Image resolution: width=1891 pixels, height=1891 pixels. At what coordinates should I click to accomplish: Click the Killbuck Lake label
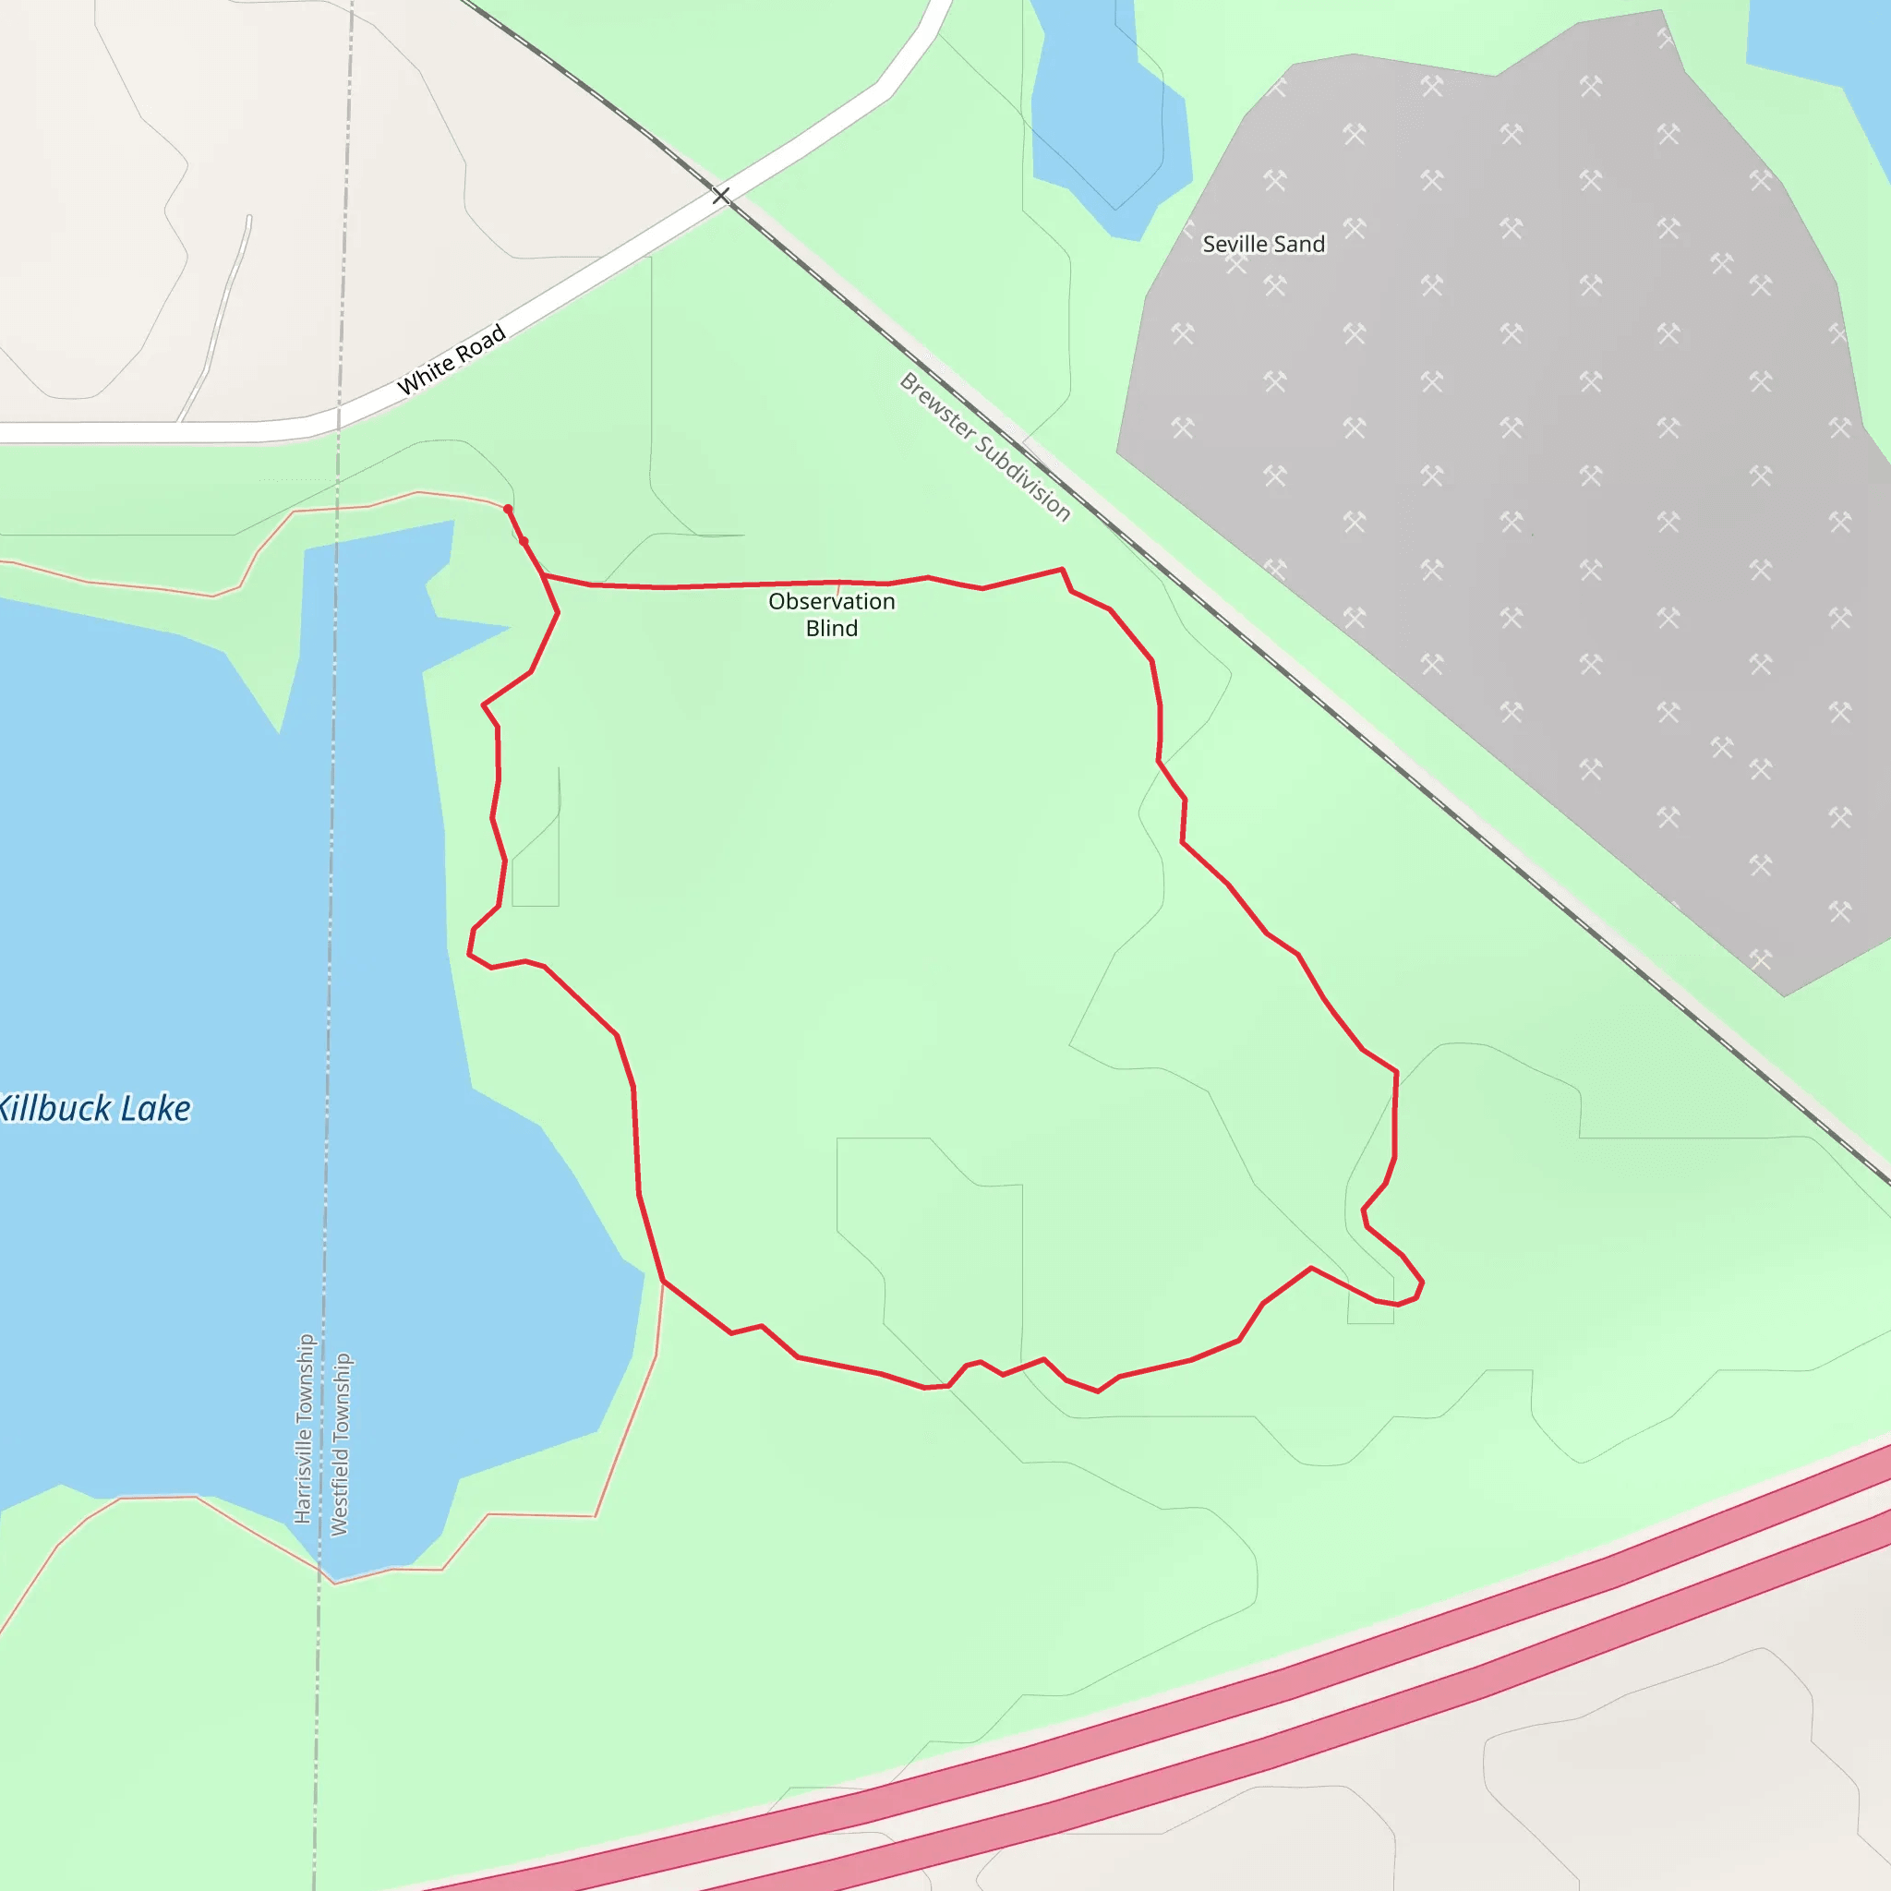pos(95,1109)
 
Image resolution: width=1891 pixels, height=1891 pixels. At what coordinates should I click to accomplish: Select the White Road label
pos(452,359)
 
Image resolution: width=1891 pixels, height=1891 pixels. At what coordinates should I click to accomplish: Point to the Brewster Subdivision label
pos(984,446)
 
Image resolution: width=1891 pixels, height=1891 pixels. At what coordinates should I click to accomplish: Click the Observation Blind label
pos(831,615)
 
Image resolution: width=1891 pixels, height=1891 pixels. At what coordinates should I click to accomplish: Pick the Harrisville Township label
pos(305,1428)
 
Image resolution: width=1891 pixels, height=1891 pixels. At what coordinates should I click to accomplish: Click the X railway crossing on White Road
pos(720,196)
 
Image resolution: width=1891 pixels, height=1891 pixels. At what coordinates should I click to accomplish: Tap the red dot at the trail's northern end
pos(507,509)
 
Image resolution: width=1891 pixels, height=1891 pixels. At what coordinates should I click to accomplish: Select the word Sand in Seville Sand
pos(1299,244)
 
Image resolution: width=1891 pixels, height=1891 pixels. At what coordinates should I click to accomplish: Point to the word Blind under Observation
pos(831,629)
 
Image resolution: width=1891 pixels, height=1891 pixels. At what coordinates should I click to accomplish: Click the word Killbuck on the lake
pos(54,1109)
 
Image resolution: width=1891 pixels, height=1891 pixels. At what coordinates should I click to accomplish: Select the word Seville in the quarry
pos(1235,244)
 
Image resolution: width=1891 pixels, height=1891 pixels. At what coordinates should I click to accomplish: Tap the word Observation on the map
pos(831,601)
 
